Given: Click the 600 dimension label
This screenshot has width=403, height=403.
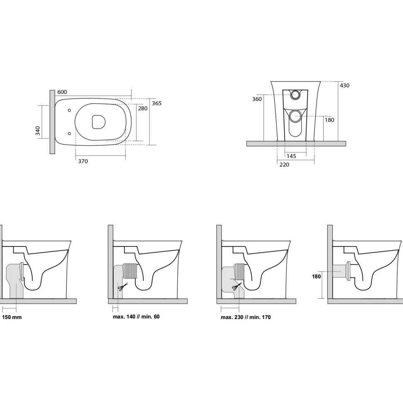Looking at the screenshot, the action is pyautogui.click(x=62, y=92).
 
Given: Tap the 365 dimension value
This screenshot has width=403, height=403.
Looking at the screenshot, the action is pyautogui.click(x=157, y=103).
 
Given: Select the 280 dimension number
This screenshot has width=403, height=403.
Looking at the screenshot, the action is pyautogui.click(x=143, y=108).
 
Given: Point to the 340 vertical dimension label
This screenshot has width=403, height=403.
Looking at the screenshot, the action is pyautogui.click(x=38, y=131).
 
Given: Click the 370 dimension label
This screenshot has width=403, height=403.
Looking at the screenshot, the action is pyautogui.click(x=83, y=161).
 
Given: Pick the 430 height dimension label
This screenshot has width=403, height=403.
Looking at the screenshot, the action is pyautogui.click(x=344, y=85).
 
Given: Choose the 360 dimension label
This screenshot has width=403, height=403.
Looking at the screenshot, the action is pyautogui.click(x=257, y=99).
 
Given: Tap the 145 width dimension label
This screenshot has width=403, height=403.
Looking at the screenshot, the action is pyautogui.click(x=291, y=156).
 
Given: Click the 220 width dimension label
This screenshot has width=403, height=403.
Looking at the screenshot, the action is pyautogui.click(x=284, y=165).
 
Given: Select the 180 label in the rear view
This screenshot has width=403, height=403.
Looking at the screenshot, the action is pyautogui.click(x=329, y=120).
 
